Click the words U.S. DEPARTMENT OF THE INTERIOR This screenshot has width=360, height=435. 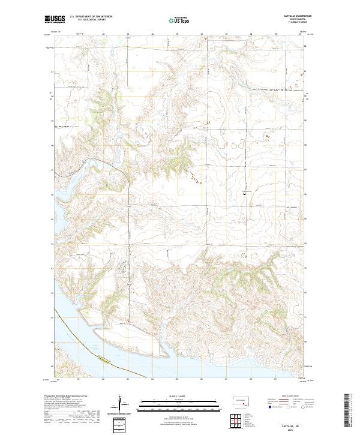pyautogui.click(x=91, y=17)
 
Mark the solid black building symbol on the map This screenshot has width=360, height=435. pyautogui.click(x=244, y=193)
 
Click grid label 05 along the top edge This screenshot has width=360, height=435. pyautogui.click(x=177, y=34)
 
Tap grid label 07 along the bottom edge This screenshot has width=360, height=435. pyautogui.click(x=226, y=379)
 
